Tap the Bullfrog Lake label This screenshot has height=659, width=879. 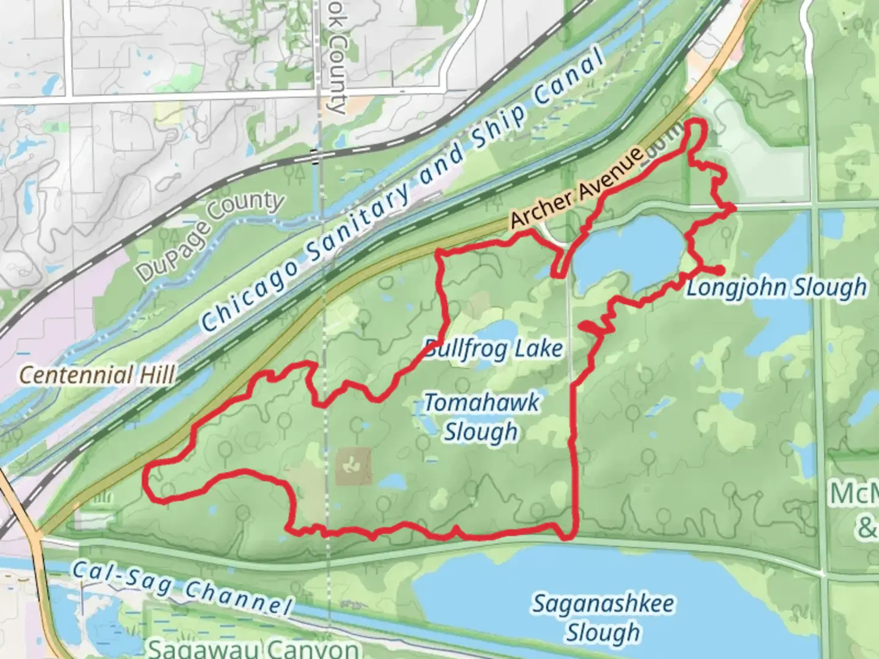coord(493,349)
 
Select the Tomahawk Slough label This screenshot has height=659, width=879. coord(481,417)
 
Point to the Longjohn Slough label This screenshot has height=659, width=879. coord(776,287)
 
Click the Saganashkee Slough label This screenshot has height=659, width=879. coord(603,618)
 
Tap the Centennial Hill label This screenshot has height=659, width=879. coord(98,374)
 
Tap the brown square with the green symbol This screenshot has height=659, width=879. coord(353,467)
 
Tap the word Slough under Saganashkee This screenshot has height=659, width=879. coord(603,632)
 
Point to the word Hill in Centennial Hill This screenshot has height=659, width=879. coord(157,374)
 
